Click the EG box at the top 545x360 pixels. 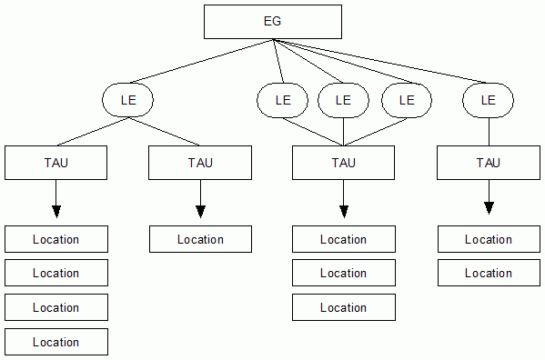coord(272,22)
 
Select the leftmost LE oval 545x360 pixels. coord(127,100)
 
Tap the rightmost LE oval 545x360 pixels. coord(488,100)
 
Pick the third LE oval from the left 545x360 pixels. coord(343,100)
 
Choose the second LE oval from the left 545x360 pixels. coord(282,100)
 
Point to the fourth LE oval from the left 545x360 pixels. coord(405,100)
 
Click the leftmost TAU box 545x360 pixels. coord(56,163)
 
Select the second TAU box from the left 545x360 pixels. coord(200,163)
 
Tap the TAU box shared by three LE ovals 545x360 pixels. coord(343,163)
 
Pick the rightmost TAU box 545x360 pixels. coord(489,163)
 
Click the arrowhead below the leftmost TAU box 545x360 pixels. coord(56,211)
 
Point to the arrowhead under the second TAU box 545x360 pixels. coord(200,211)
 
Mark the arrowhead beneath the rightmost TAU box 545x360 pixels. coord(489,208)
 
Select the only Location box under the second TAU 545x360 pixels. coord(200,239)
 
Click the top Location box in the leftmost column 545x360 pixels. coord(56,239)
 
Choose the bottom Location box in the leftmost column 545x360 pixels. coord(56,342)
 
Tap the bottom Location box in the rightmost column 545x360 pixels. coord(489,273)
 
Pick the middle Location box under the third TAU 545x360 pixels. coord(343,273)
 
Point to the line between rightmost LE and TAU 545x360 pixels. coord(489,132)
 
